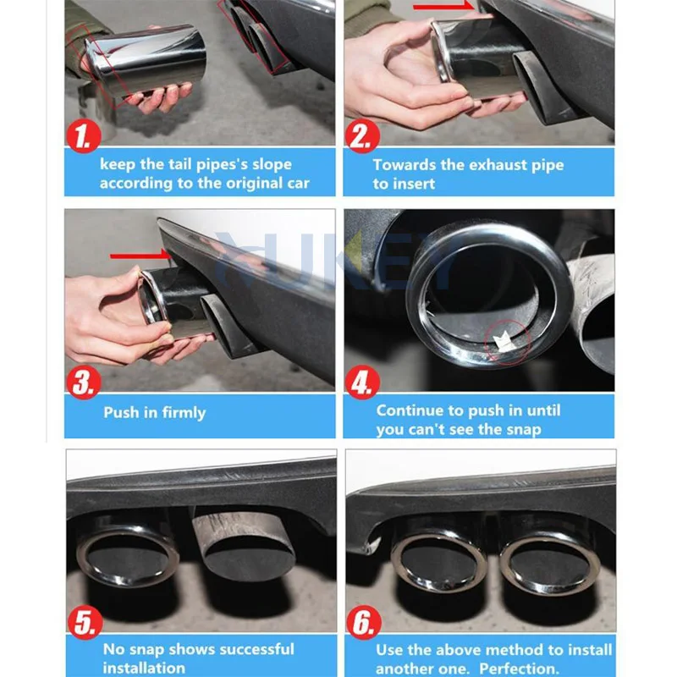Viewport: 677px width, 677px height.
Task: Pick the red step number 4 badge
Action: click(x=361, y=383)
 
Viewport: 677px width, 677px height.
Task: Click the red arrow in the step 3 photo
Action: click(x=139, y=253)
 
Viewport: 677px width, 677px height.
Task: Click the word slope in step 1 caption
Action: click(x=267, y=164)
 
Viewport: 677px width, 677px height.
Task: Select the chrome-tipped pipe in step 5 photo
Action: click(x=127, y=554)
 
